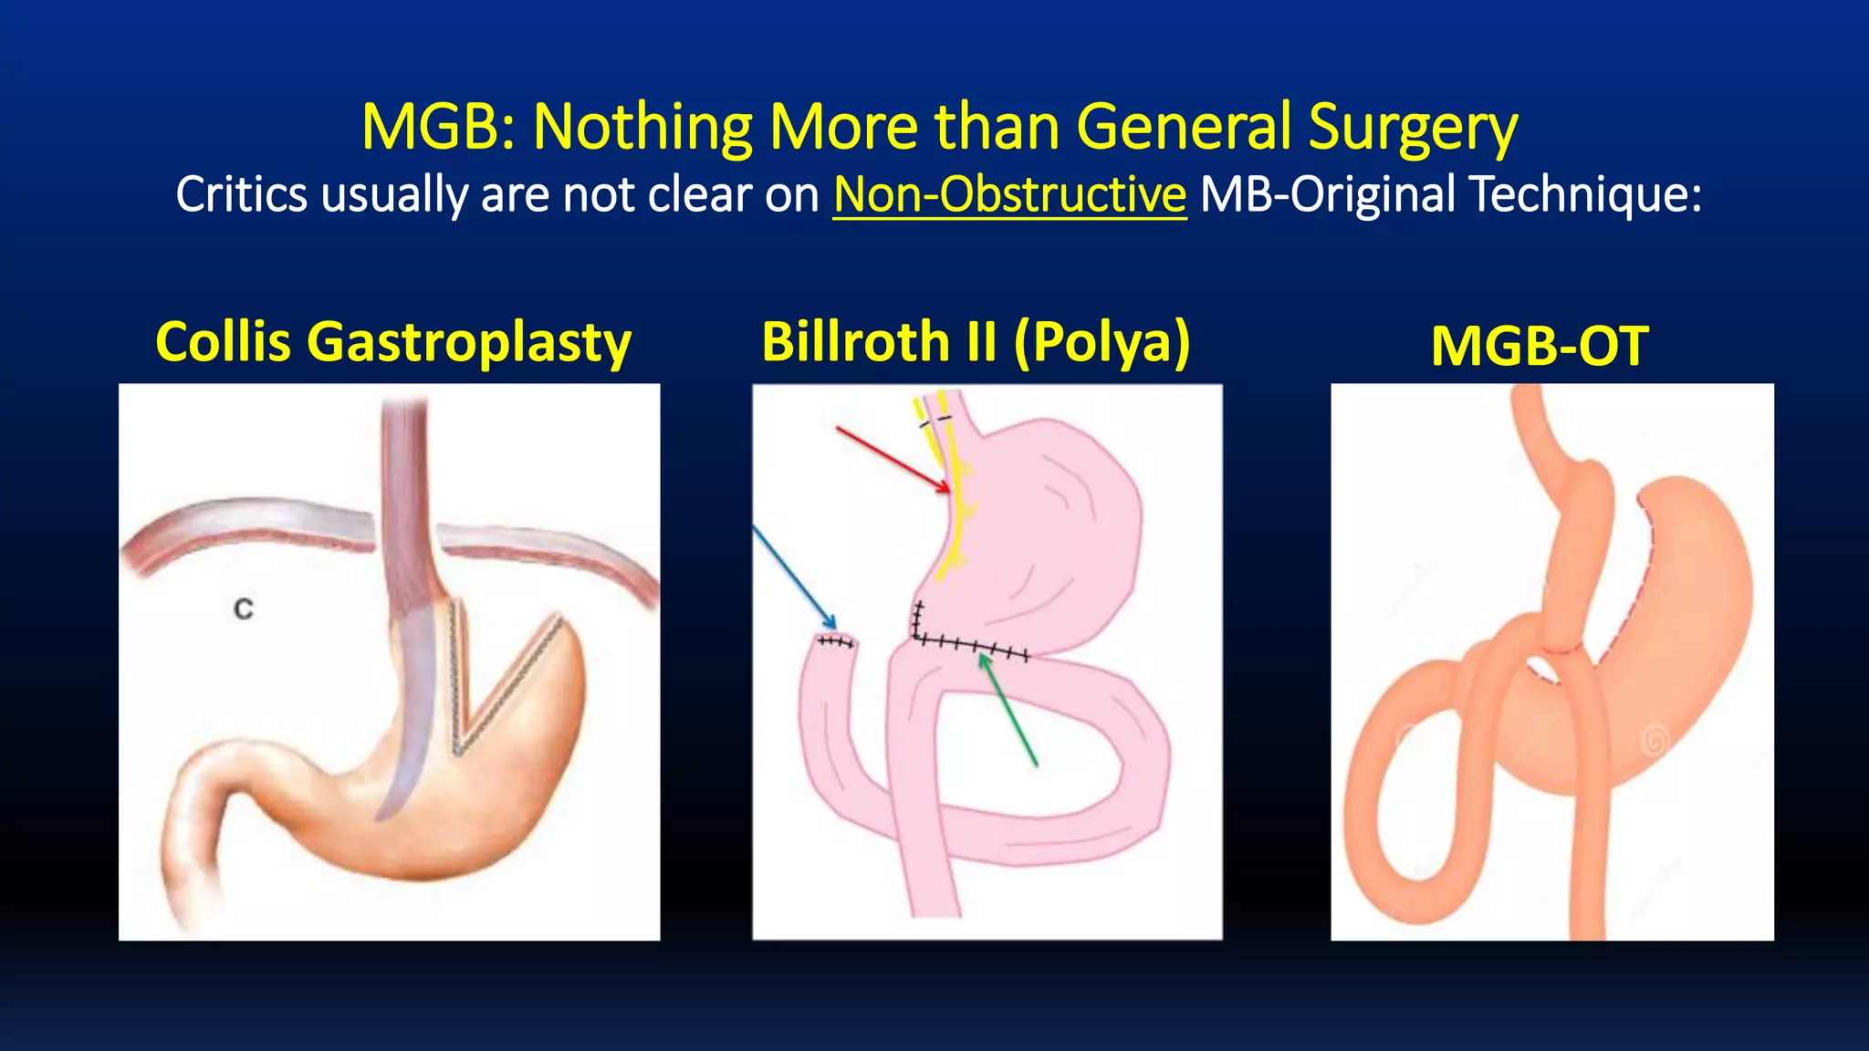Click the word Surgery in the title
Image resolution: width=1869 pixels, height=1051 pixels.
tap(1413, 128)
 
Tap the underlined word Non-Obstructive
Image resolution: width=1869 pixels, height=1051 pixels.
tap(1009, 194)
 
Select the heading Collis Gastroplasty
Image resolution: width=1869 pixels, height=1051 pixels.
tap(393, 342)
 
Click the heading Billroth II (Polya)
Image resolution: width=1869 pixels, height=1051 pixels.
tap(976, 341)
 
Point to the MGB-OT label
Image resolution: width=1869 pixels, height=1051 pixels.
tap(1540, 347)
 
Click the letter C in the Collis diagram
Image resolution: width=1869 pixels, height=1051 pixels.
tap(244, 609)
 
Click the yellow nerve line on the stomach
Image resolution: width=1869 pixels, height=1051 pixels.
tap(958, 511)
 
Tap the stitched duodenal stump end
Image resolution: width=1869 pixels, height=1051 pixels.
tap(835, 642)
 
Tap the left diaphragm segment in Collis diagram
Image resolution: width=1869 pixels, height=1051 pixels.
tap(246, 529)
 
